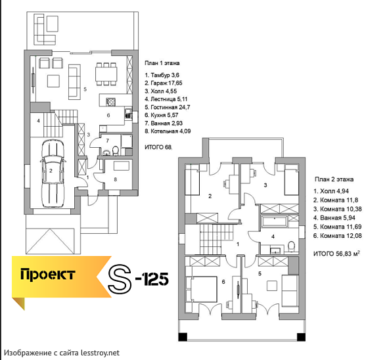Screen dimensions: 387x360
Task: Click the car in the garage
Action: pyautogui.click(x=53, y=173)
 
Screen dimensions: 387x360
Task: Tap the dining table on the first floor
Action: pyautogui.click(x=106, y=74)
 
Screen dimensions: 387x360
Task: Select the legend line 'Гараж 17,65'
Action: pyautogui.click(x=164, y=83)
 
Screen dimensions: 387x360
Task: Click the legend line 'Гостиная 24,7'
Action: pyautogui.click(x=168, y=107)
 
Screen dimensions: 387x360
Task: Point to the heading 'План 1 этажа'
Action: pyautogui.click(x=162, y=63)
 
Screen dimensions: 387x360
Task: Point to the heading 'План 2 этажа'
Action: pyautogui.click(x=334, y=179)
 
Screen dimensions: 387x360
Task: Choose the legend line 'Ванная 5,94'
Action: pyautogui.click(x=334, y=218)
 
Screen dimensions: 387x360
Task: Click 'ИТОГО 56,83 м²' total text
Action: pyautogui.click(x=336, y=254)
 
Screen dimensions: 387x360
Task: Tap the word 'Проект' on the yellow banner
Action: pyautogui.click(x=47, y=275)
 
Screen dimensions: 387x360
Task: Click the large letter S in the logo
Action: pyautogui.click(x=120, y=279)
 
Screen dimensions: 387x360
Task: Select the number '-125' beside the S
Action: pyautogui.click(x=152, y=279)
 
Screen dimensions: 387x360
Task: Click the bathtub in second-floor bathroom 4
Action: pyautogui.click(x=275, y=221)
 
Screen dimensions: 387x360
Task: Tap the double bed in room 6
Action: pyautogui.click(x=202, y=289)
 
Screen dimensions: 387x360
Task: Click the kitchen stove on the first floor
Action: pyautogui.click(x=111, y=102)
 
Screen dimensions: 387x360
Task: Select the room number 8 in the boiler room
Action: pyautogui.click(x=115, y=179)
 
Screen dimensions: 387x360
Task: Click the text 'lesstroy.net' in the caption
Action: pyautogui.click(x=100, y=353)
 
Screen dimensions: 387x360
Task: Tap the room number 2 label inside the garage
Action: pyautogui.click(x=51, y=171)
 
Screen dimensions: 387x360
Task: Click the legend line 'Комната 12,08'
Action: pyautogui.click(x=337, y=236)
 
